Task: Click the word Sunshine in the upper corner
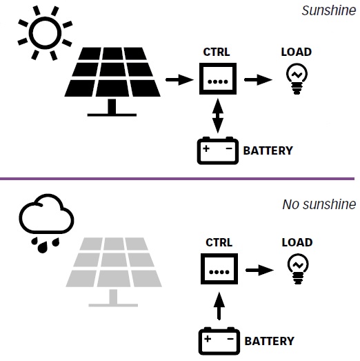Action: [x=329, y=10]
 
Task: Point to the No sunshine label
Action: [x=319, y=204]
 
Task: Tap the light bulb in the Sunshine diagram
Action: [x=297, y=79]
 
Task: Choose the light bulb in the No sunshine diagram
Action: [x=298, y=269]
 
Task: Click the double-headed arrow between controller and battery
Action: [x=218, y=116]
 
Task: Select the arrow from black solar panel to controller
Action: [x=180, y=80]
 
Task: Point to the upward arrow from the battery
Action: [x=219, y=306]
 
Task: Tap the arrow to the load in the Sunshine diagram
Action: [x=259, y=80]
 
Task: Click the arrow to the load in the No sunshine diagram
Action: [x=260, y=270]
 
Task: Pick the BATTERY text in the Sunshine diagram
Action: [x=268, y=150]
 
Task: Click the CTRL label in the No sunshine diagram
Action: [x=219, y=242]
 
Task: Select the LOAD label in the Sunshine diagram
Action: [x=297, y=52]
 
